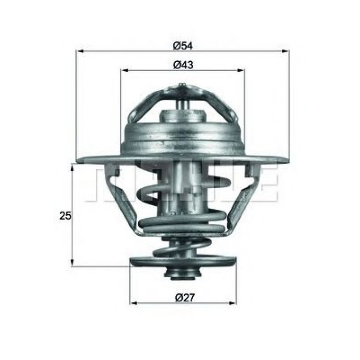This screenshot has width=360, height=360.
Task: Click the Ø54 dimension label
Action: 183,45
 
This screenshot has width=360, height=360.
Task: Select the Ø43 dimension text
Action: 183,65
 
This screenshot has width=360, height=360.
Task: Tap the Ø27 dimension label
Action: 183,297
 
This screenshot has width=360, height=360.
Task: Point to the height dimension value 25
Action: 65,216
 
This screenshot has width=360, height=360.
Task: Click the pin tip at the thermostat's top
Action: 182,85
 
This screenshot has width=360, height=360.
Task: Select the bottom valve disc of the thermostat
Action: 182,262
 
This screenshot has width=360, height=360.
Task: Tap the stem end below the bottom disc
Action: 182,274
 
